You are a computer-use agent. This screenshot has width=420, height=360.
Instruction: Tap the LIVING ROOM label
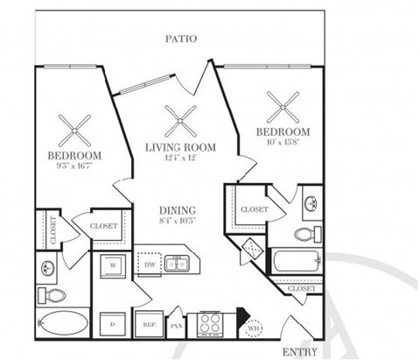pyautogui.click(x=179, y=147)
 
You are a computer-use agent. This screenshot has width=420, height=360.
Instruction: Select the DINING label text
pyautogui.click(x=177, y=211)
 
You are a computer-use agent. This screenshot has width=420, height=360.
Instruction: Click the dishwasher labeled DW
pyautogui.click(x=149, y=263)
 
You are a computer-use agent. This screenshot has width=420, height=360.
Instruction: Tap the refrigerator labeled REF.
pyautogui.click(x=149, y=324)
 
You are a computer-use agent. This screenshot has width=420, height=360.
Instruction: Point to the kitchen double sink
pyautogui.click(x=178, y=263)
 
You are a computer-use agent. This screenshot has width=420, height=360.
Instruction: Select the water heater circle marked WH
pyautogui.click(x=254, y=329)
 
